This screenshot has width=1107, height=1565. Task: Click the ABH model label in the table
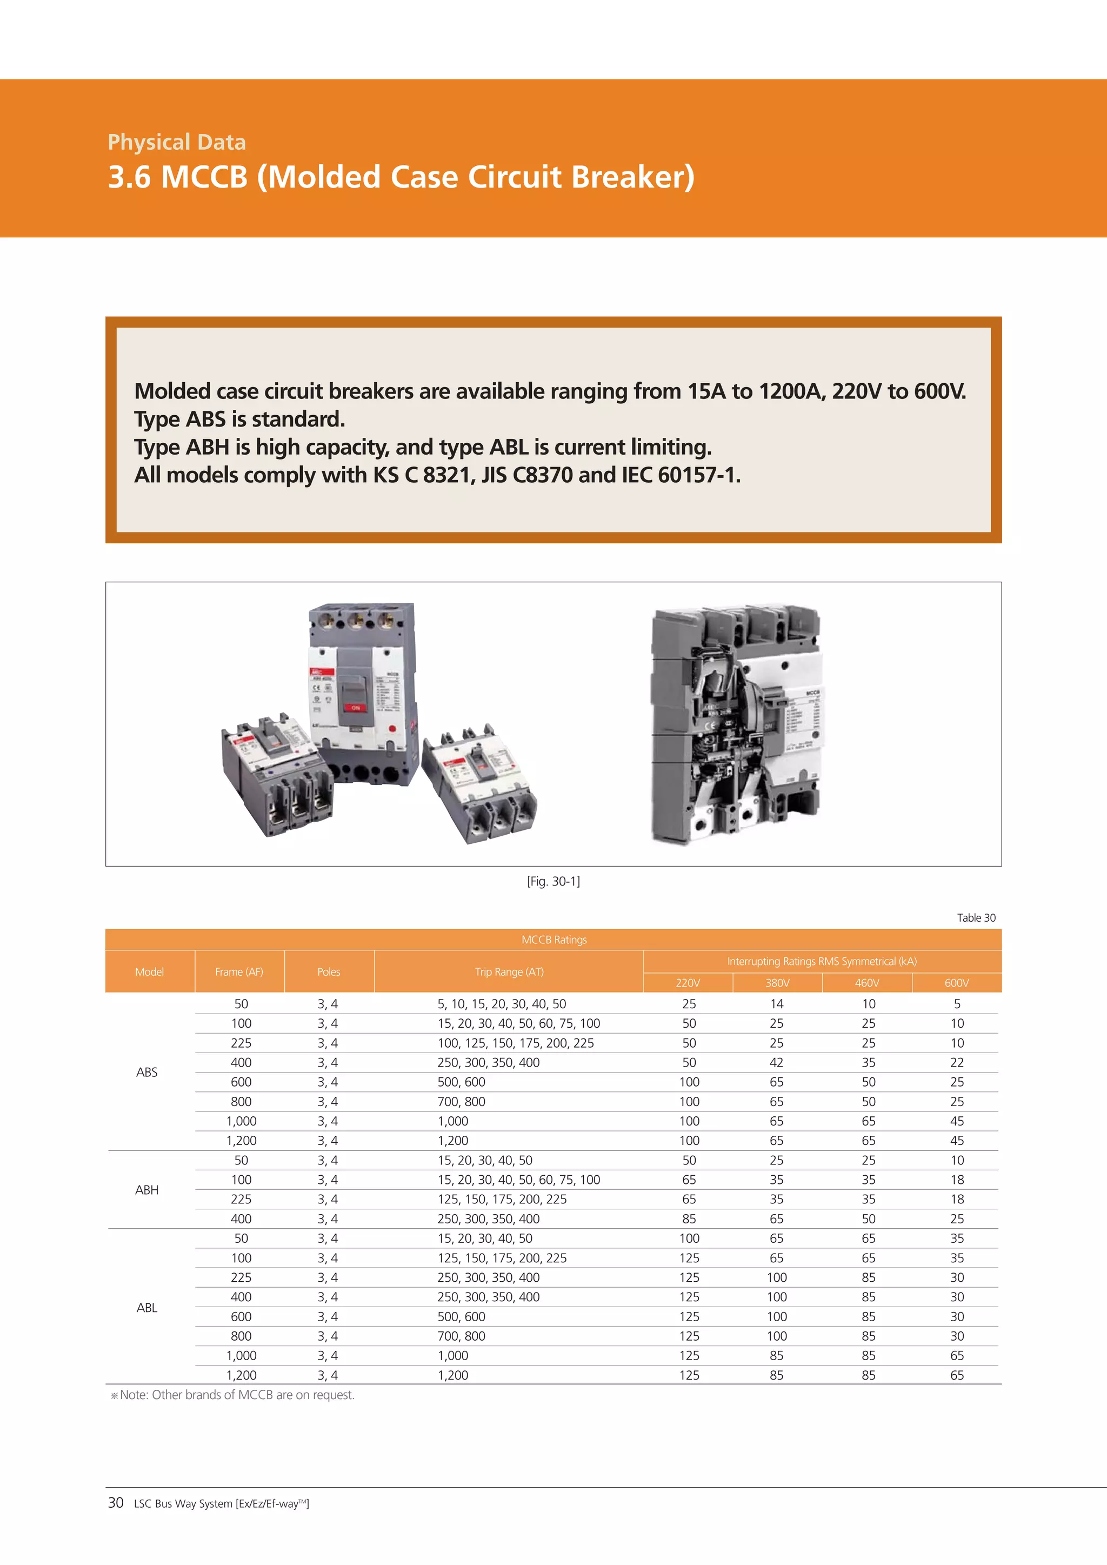pos(146,1189)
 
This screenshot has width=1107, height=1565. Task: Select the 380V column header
pos(777,982)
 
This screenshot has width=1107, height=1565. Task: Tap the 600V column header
pos(956,982)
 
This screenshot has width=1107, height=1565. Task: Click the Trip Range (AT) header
pos(509,971)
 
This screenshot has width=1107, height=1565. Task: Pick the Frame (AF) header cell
pos(239,971)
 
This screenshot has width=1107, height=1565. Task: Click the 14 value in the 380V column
pos(776,1003)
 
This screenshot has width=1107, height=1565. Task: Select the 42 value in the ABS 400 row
pos(776,1062)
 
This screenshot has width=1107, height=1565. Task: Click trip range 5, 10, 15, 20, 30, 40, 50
pos(502,1003)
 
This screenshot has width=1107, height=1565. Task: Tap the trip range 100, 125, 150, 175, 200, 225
pos(515,1043)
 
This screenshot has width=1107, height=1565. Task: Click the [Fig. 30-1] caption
pos(553,881)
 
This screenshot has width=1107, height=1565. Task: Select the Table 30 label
pos(976,917)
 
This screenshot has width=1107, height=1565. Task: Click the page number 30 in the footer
pos(116,1502)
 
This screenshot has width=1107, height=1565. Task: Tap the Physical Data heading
pos(177,142)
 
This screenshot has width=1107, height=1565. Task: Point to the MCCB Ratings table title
pos(553,940)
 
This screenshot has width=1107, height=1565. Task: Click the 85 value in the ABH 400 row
pos(689,1218)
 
